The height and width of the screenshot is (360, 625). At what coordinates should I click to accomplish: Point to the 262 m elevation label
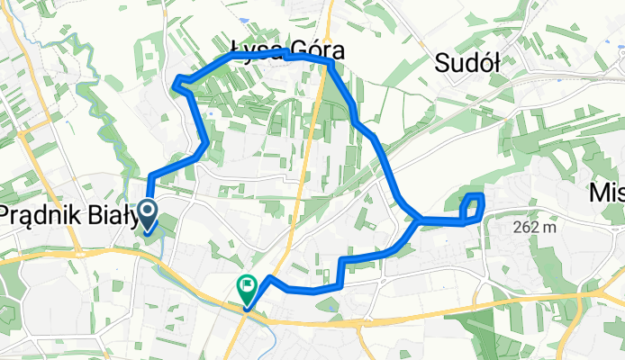[532, 228]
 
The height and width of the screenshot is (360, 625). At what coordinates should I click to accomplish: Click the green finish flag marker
[246, 287]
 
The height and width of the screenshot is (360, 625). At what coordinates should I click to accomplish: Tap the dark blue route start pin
[147, 213]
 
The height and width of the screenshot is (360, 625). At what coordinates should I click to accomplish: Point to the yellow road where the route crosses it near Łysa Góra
[321, 58]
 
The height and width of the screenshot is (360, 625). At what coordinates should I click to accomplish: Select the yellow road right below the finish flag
[241, 315]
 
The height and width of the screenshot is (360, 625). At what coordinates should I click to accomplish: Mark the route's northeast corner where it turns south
[331, 63]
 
